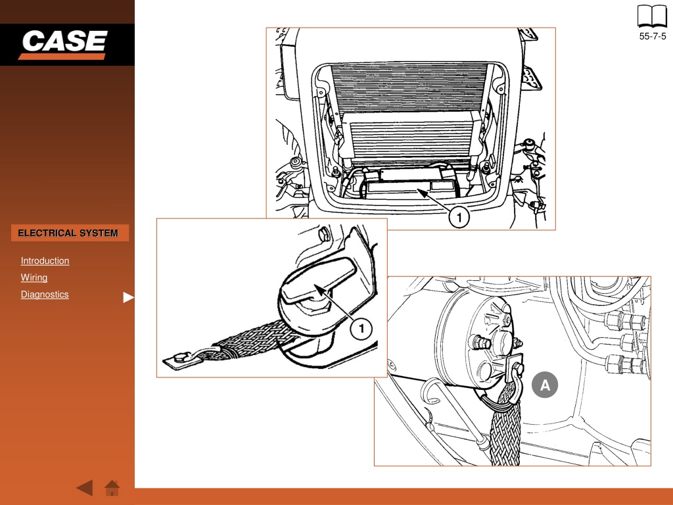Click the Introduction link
pyautogui.click(x=45, y=260)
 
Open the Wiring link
pyautogui.click(x=34, y=277)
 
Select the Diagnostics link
pyautogui.click(x=45, y=294)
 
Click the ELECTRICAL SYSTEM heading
pyautogui.click(x=68, y=233)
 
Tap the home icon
pyautogui.click(x=112, y=488)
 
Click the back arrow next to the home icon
pyautogui.click(x=85, y=488)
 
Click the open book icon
pyautogui.click(x=652, y=16)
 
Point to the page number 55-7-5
pyautogui.click(x=653, y=37)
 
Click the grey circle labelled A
pyautogui.click(x=545, y=385)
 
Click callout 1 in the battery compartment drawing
pyautogui.click(x=459, y=217)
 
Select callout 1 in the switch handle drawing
pyautogui.click(x=361, y=329)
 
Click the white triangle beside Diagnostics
pyautogui.click(x=128, y=297)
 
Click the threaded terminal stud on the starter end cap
pyautogui.click(x=480, y=342)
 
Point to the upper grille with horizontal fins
pyautogui.click(x=409, y=87)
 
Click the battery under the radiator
pyautogui.click(x=411, y=183)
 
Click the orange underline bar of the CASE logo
pyautogui.click(x=62, y=57)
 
